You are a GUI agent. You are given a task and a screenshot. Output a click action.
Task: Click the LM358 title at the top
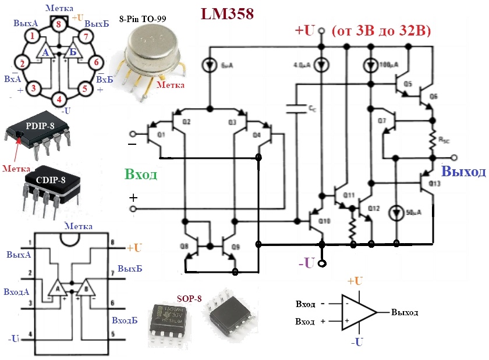pyautogui.click(x=226, y=15)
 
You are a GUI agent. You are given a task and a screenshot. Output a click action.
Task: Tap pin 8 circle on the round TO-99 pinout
pyautogui.click(x=58, y=24)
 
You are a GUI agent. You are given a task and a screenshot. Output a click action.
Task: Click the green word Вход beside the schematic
pyautogui.click(x=140, y=174)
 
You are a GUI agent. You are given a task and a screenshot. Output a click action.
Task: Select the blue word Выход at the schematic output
pyautogui.click(x=463, y=172)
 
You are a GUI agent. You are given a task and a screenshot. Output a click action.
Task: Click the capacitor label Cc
pyautogui.click(x=312, y=109)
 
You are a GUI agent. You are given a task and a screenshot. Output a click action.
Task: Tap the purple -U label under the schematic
pyautogui.click(x=307, y=263)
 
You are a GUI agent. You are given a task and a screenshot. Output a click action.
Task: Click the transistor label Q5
pyautogui.click(x=408, y=84)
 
